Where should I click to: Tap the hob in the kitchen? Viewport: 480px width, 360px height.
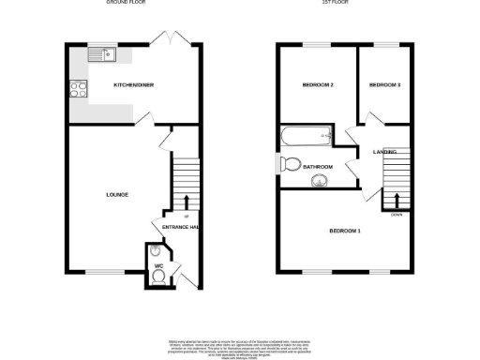click(75, 91)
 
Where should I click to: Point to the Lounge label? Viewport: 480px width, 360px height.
click(117, 195)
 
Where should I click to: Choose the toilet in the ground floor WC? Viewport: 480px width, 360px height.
click(156, 263)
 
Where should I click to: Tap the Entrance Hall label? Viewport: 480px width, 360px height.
click(181, 228)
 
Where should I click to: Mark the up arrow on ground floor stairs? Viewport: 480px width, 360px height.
click(186, 202)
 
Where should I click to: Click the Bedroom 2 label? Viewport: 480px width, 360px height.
click(318, 85)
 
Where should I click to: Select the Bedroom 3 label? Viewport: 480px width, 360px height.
click(384, 85)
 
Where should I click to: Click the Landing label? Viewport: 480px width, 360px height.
click(384, 152)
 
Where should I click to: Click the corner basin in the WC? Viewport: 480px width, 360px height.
click(154, 251)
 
